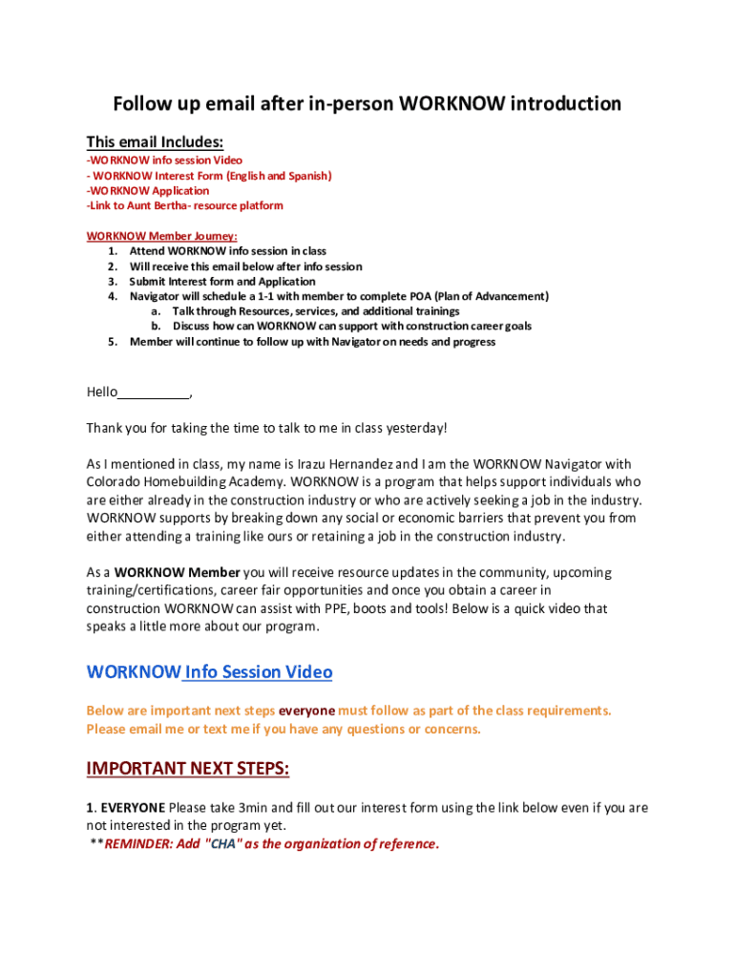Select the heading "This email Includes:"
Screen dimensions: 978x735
155,142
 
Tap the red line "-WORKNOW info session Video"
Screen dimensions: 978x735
164,160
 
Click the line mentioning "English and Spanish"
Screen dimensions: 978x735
209,176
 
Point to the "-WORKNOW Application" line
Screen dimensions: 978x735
148,191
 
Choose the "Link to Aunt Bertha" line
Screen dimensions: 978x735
184,205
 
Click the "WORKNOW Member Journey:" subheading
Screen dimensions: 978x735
161,236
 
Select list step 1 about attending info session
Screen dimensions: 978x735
227,251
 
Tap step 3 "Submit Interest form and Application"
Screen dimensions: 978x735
222,282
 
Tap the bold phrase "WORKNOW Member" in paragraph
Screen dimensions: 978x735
177,573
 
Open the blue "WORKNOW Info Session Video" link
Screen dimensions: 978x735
209,671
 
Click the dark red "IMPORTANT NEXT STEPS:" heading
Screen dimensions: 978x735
187,769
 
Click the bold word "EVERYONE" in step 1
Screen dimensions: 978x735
133,808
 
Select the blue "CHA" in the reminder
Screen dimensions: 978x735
221,843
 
